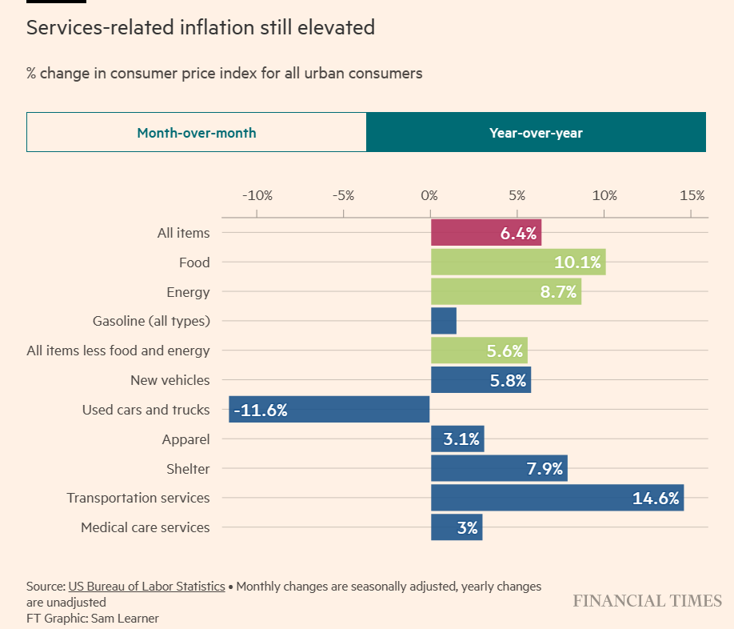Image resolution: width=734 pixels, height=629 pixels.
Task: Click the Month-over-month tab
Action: [197, 133]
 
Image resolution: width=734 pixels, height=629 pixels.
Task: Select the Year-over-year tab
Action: [536, 133]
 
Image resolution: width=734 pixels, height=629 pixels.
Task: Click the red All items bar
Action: [485, 233]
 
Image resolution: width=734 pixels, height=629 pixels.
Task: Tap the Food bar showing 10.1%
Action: [517, 262]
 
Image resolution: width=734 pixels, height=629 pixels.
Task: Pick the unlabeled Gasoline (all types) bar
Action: [443, 321]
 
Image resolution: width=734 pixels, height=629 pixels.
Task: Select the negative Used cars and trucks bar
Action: [329, 410]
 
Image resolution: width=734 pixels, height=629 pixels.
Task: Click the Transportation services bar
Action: [556, 498]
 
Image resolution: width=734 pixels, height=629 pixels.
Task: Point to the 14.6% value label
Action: [656, 499]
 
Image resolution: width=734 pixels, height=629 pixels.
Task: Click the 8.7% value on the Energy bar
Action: [558, 292]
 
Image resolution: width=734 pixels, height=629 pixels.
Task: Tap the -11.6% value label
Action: [261, 411]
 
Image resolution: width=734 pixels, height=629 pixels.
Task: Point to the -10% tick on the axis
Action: [257, 196]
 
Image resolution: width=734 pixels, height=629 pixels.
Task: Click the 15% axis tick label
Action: [692, 196]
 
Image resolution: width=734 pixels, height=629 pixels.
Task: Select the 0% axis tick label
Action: [430, 196]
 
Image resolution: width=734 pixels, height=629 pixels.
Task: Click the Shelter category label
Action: [189, 469]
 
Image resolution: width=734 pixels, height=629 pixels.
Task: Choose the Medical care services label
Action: [145, 527]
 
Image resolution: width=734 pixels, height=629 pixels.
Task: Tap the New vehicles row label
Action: [170, 380]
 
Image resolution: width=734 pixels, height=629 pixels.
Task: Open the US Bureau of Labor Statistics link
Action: [146, 587]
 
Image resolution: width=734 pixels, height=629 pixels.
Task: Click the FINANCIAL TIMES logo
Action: [647, 601]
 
